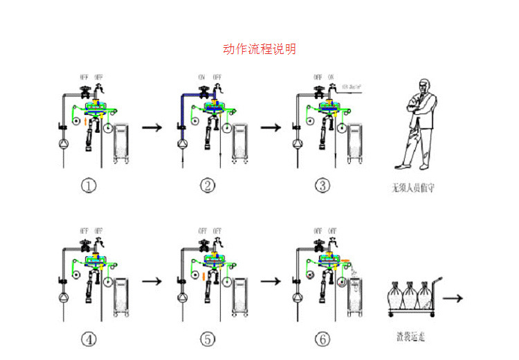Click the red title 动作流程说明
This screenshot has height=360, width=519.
[x=259, y=49]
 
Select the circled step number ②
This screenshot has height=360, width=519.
[x=207, y=186]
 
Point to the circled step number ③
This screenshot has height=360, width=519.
[x=322, y=186]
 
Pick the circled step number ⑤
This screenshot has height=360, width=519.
[x=207, y=339]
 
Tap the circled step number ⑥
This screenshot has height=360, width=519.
[x=322, y=339]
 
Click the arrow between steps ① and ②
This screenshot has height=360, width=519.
[x=152, y=127]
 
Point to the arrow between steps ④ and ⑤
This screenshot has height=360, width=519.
[x=152, y=282]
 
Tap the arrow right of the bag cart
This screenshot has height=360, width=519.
[x=453, y=298]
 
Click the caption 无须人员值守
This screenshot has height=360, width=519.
[x=413, y=187]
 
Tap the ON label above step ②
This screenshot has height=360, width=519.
[x=202, y=77]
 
